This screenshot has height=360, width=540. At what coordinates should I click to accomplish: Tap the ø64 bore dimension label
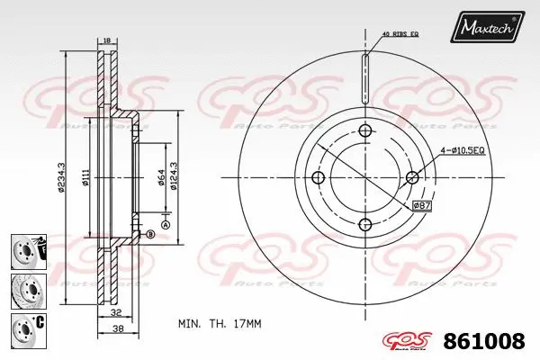160,179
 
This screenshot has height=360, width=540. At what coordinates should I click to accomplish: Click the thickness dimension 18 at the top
105,40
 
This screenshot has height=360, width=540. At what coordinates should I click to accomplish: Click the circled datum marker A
166,223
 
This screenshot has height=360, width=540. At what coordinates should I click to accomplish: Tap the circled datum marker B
149,234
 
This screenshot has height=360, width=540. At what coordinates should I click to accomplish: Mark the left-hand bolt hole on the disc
316,177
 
